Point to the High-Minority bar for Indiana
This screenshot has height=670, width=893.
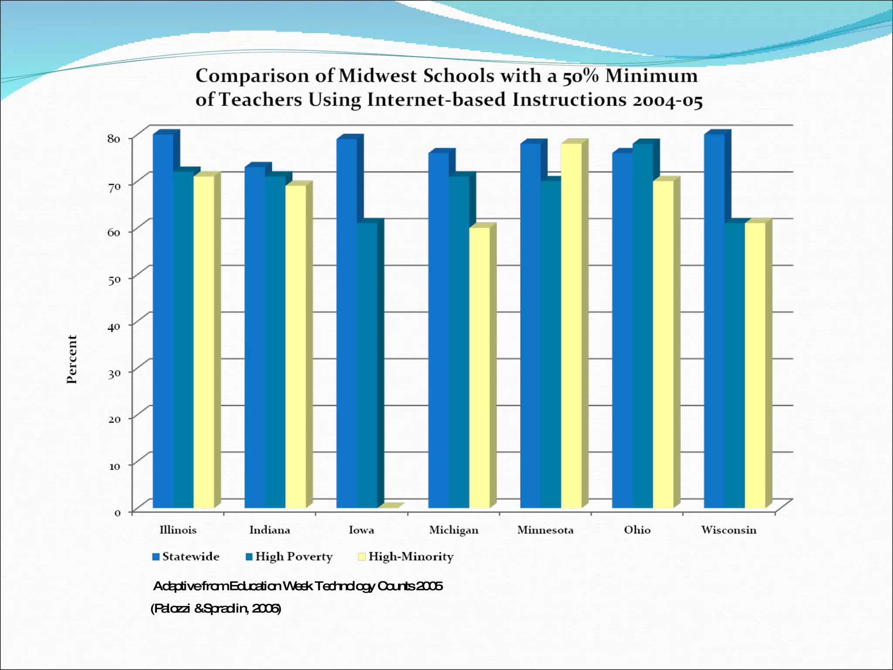pos(296,347)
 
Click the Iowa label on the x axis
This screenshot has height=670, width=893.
pos(361,530)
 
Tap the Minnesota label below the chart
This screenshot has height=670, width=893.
pos(545,530)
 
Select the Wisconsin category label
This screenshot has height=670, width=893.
pos(729,530)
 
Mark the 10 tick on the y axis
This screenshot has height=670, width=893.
pos(114,466)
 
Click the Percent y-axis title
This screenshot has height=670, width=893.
pos(72,359)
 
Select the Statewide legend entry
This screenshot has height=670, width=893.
pos(186,557)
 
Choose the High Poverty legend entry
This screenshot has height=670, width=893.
pos(290,557)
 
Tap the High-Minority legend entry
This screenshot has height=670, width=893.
pos(406,557)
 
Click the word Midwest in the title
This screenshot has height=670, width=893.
pos(378,76)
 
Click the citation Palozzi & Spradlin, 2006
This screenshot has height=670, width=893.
pos(216,608)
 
